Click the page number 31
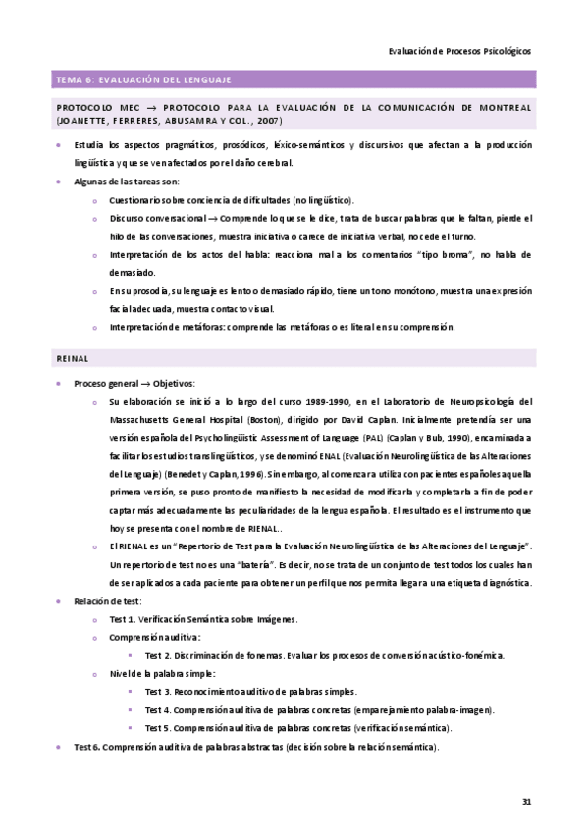pyautogui.click(x=526, y=802)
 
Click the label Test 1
pyautogui.click(x=124, y=620)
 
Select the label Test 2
pyautogui.click(x=159, y=655)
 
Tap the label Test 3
pyautogui.click(x=159, y=692)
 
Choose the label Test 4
pyautogui.click(x=159, y=709)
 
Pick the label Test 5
pyautogui.click(x=159, y=728)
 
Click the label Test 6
pyautogui.click(x=88, y=747)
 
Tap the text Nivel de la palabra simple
pyautogui.click(x=161, y=674)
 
